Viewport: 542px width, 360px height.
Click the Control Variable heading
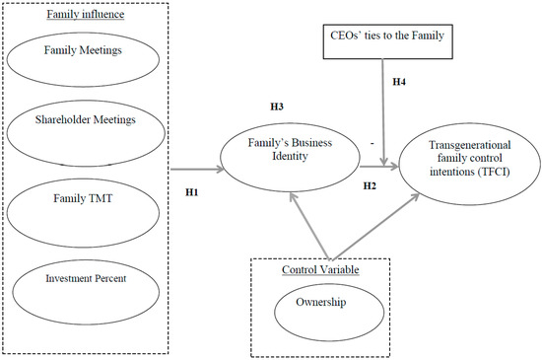click(318, 269)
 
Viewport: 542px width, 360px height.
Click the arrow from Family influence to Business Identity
click(197, 169)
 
